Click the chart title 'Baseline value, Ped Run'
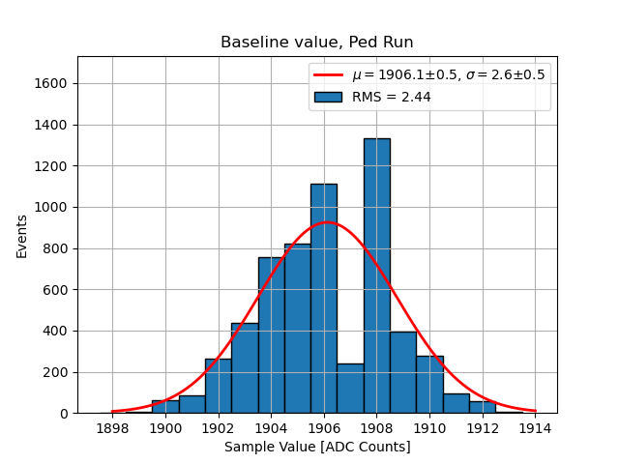click(x=317, y=43)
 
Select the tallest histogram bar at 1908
click(x=376, y=275)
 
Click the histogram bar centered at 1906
click(x=324, y=299)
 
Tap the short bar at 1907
click(x=350, y=389)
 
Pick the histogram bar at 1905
click(x=297, y=329)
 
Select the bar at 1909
click(x=402, y=372)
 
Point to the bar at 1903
click(x=245, y=368)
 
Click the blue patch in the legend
click(x=328, y=97)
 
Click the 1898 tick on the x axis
click(x=113, y=428)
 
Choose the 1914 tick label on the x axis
click(x=536, y=428)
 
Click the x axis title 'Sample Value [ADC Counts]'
click(x=317, y=447)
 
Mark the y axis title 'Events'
click(x=22, y=235)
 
